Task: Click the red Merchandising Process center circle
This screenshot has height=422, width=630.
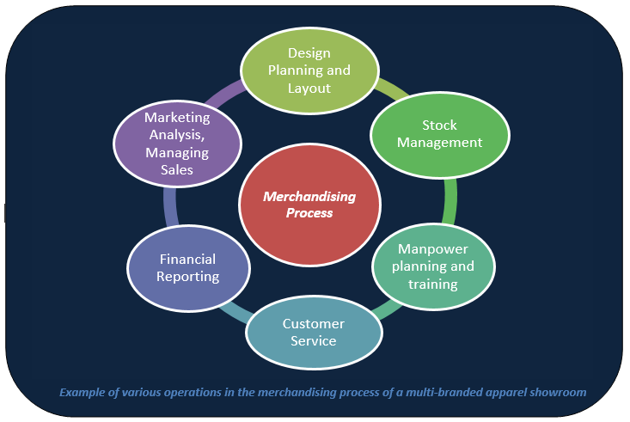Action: coord(309,205)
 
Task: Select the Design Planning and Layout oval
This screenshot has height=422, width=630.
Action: coord(309,70)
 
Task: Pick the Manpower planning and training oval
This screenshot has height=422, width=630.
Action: coord(433,266)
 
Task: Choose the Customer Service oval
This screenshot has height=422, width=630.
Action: coord(313,333)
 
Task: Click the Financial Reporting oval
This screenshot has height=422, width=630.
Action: coord(187,267)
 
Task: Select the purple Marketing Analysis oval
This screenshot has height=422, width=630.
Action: coord(176,144)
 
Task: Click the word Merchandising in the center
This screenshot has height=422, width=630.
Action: coord(309,196)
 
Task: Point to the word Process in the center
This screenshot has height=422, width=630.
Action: coord(309,213)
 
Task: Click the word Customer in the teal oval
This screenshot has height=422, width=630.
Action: coord(313,324)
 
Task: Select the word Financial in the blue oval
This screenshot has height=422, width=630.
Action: coord(187,259)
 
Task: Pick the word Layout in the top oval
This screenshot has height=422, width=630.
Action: coord(308,87)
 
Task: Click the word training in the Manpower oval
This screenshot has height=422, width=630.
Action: coord(433,283)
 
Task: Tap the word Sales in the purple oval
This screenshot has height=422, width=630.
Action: coord(177,169)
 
